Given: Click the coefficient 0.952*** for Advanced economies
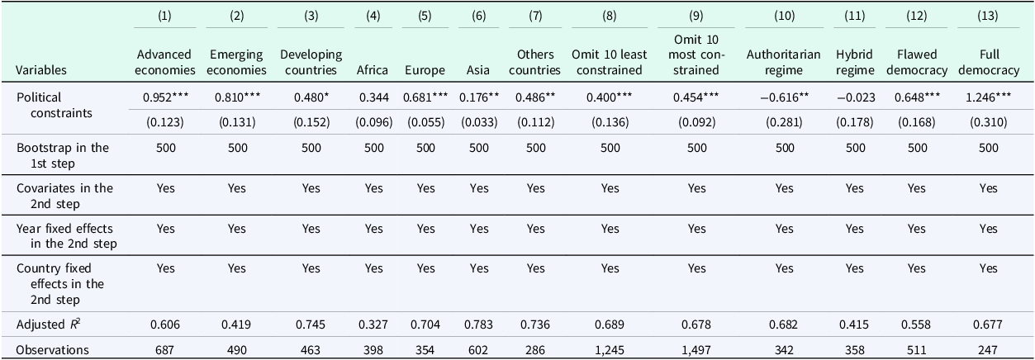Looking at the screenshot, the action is click(165, 97).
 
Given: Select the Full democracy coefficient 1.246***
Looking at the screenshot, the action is click(989, 97).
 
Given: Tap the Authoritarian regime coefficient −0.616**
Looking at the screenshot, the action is click(784, 97).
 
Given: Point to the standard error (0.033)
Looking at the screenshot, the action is click(479, 122).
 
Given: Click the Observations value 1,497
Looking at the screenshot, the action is click(696, 350).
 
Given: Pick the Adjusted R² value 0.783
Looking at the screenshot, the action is click(479, 324).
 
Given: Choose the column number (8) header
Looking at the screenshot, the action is click(610, 16).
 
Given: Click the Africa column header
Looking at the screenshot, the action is click(372, 70).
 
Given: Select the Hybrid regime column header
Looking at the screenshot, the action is click(855, 63).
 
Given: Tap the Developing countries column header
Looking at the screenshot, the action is click(311, 63).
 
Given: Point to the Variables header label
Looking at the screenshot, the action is click(41, 70).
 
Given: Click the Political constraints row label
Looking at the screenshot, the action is click(54, 106).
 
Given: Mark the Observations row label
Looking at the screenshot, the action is click(52, 350).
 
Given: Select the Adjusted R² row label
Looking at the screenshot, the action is click(49, 324).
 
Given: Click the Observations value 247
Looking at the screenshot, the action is click(988, 350).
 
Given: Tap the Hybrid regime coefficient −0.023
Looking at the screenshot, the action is click(855, 97).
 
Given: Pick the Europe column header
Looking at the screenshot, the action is click(425, 70).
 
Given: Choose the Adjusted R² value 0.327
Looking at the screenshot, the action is click(373, 324).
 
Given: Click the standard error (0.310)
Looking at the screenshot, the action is click(989, 122).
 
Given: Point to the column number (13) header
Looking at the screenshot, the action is click(987, 16).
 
